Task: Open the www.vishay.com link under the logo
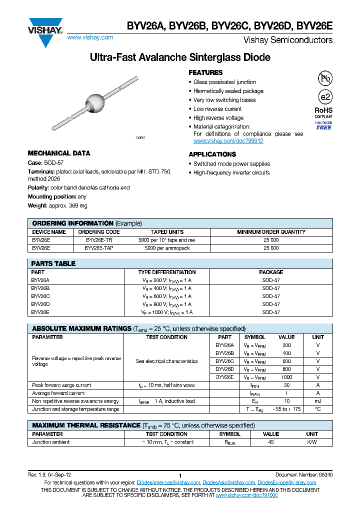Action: click(x=90, y=37)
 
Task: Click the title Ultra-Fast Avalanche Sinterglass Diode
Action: click(x=180, y=58)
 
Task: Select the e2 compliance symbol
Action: click(x=324, y=97)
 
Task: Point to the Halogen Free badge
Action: click(x=323, y=125)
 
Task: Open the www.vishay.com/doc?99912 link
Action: click(x=228, y=141)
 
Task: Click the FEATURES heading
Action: click(x=205, y=72)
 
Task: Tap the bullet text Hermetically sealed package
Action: click(x=228, y=91)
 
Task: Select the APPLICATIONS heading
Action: click(x=212, y=154)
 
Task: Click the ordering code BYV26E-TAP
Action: click(x=98, y=248)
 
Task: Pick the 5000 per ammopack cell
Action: click(x=167, y=248)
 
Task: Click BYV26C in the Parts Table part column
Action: click(x=40, y=296)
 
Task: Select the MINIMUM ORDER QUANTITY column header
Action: click(x=271, y=232)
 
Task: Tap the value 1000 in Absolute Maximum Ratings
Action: click(x=286, y=377)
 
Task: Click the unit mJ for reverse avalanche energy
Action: click(x=318, y=401)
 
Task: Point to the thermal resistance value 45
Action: click(x=271, y=442)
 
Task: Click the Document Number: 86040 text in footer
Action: click(x=304, y=474)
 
